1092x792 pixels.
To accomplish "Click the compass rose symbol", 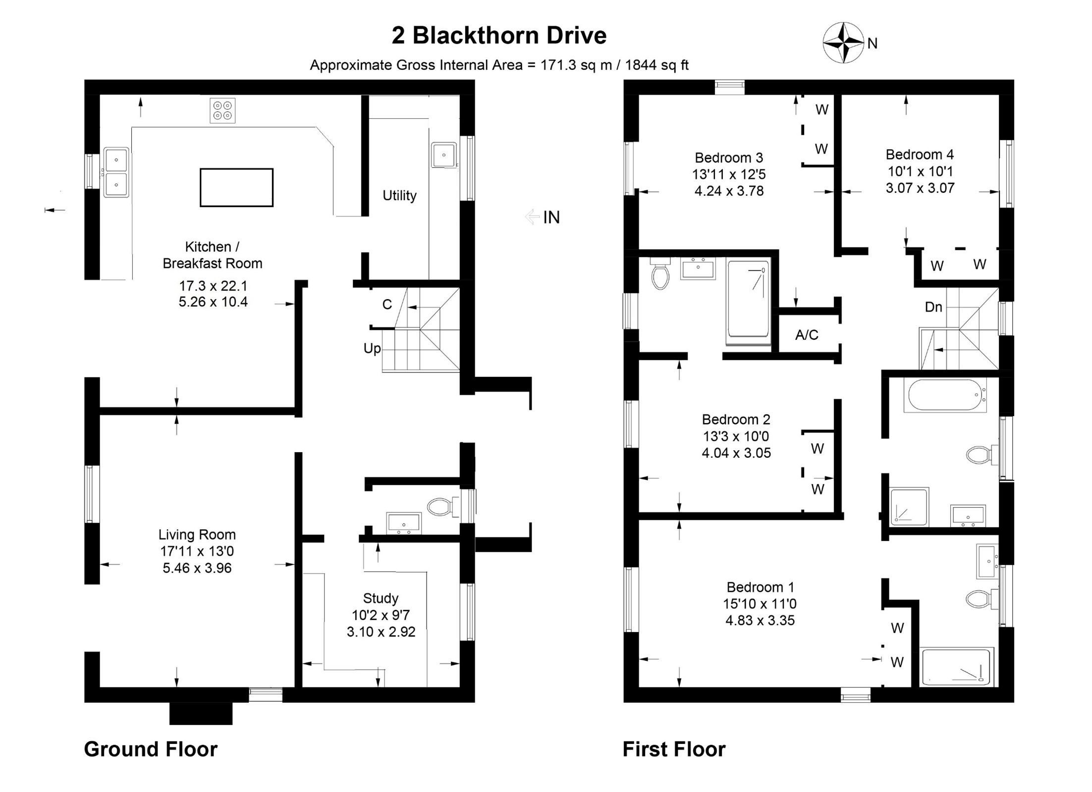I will point(843,43).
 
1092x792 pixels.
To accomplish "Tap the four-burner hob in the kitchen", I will point(222,110).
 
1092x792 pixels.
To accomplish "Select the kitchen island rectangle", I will point(236,187).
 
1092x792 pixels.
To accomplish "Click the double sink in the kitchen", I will point(116,172).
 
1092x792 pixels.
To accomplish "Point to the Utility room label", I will point(399,196).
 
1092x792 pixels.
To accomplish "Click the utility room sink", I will point(443,155).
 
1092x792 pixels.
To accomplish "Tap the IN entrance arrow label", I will point(551,217).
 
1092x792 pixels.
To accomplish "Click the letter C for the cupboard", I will point(387,304).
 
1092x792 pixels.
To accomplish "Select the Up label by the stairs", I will point(372,348).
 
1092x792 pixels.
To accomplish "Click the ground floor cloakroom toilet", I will point(439,507).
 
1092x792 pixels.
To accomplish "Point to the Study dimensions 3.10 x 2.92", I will point(381,632).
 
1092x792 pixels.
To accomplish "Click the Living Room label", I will point(197,534).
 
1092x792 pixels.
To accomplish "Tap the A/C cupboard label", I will point(807,335).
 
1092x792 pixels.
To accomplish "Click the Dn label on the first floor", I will point(933,307).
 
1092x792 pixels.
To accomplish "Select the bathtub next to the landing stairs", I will point(944,395).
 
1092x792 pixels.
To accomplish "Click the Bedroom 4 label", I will point(920,155).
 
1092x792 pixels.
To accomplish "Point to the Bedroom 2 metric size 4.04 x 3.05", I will point(736,453).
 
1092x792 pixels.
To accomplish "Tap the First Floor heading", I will point(674,749).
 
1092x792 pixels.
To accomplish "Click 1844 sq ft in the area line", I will point(657,65).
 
